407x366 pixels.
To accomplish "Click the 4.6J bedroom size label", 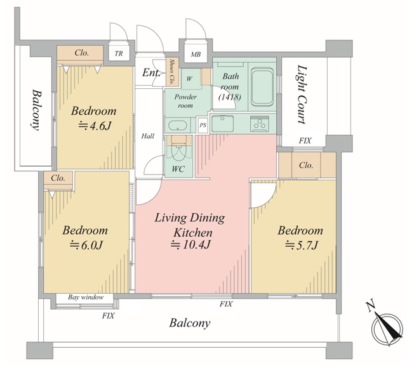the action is point(95,126).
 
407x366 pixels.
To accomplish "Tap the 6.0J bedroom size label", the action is point(86,245).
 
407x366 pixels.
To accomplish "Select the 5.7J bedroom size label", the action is point(302,245).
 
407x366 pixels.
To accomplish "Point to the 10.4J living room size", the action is point(190,245).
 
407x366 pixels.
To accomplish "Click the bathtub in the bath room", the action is point(262,87).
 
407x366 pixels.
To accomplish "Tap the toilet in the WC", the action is point(178,152).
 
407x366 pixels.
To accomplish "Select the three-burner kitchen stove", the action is point(260,122).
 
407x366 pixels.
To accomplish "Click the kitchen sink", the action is point(222,123).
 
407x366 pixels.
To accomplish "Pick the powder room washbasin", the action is point(178,126).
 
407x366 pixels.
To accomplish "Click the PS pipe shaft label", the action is point(203,126).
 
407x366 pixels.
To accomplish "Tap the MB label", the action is point(196,55).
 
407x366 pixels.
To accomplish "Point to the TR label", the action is point(119,54).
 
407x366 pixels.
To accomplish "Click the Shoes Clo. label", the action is point(172,72).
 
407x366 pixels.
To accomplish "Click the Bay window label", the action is point(86,297).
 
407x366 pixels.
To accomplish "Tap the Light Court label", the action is point(302,94).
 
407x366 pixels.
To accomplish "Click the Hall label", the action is point(148,136).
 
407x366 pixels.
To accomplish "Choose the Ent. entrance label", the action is point(151,73).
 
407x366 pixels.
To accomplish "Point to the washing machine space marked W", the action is point(189,79).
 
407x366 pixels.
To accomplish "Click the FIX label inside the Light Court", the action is point(305,141).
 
